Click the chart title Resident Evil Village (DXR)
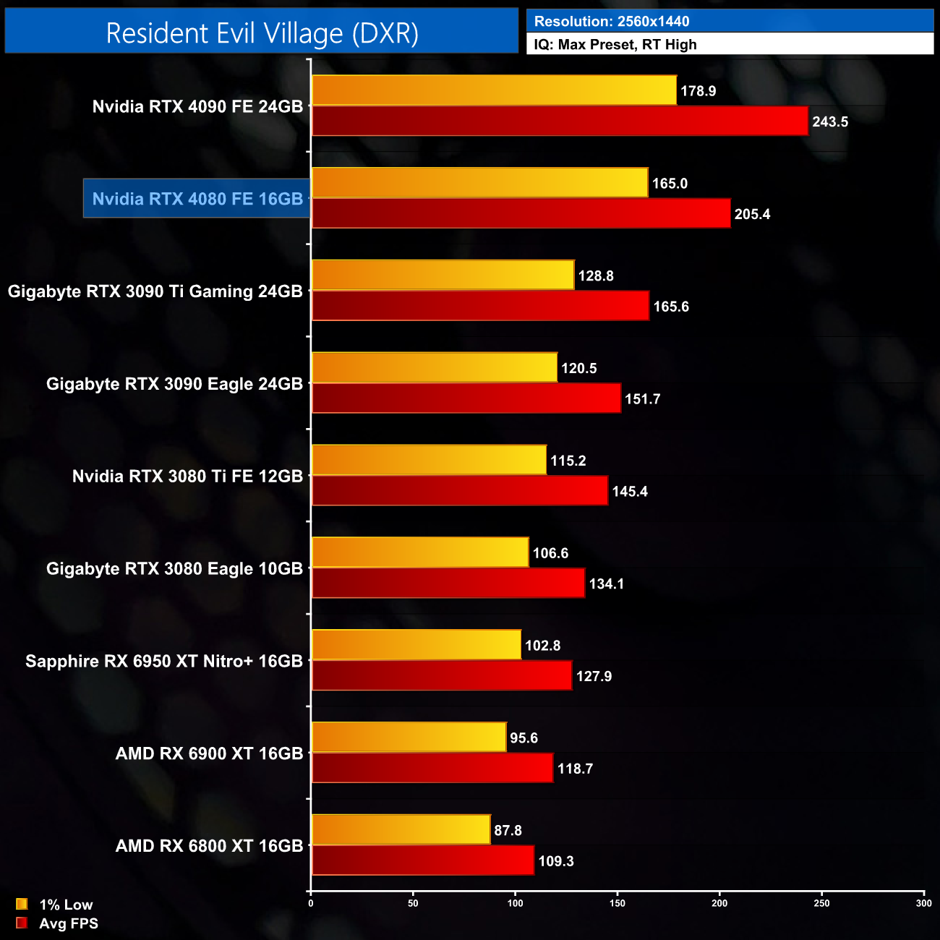pos(262,33)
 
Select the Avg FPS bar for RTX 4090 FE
pos(560,121)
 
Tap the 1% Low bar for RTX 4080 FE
pos(479,183)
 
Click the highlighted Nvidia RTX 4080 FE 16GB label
pos(197,199)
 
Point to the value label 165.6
pos(671,307)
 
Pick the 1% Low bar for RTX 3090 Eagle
pos(434,368)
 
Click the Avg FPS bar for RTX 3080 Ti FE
pos(459,491)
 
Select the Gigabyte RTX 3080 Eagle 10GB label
pos(174,569)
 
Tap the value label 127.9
pos(594,676)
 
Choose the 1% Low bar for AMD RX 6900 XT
pos(409,738)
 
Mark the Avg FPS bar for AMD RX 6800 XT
pos(422,860)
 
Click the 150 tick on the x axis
pos(618,903)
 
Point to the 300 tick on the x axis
pos(923,903)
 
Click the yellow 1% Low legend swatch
pos(22,904)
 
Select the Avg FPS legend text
pos(69,923)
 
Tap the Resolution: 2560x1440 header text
pos(612,22)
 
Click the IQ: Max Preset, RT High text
pos(615,45)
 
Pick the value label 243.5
pos(829,121)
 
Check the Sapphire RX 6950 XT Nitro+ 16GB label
pos(164,662)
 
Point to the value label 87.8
pos(508,830)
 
